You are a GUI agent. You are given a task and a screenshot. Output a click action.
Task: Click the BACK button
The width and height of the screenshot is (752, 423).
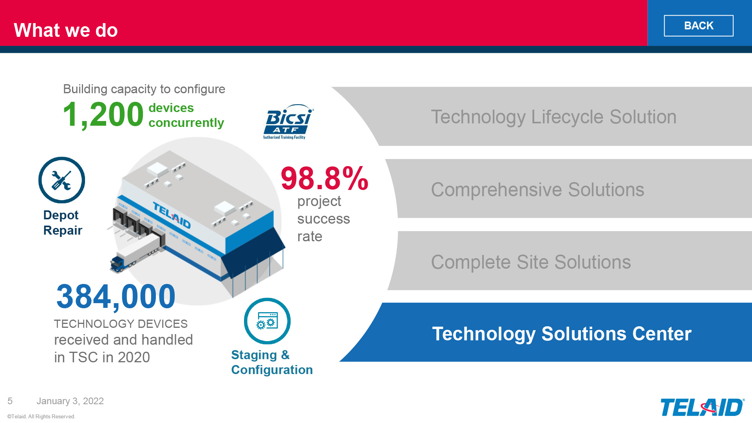[698, 26]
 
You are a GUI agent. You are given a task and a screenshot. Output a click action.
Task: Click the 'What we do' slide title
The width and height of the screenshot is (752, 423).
[66, 30]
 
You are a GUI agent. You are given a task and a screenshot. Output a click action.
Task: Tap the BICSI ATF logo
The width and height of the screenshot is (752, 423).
[288, 122]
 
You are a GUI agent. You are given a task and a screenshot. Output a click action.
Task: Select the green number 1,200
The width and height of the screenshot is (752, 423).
[103, 114]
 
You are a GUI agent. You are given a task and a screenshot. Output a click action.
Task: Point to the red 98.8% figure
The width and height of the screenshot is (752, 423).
[325, 178]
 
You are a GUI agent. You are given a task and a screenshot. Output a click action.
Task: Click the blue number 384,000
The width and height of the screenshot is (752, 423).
[116, 296]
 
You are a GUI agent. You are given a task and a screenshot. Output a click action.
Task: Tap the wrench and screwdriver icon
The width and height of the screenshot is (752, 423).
[61, 180]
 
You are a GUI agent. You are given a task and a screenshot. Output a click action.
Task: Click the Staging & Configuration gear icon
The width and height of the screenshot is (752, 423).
[267, 321]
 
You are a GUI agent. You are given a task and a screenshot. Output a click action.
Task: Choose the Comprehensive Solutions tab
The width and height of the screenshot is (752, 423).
[568, 189]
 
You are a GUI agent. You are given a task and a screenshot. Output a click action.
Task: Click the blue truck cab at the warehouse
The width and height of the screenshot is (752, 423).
[117, 264]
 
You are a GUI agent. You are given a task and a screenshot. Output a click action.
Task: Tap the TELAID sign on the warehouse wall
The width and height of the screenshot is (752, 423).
[172, 215]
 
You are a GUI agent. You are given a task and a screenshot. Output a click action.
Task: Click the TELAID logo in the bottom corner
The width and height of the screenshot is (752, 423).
[702, 407]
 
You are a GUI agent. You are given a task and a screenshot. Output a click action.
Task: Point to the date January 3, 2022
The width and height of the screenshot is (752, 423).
[70, 401]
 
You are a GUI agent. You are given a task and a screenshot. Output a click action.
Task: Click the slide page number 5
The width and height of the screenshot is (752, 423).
[10, 401]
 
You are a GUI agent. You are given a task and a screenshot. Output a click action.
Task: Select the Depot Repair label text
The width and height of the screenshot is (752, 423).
[63, 222]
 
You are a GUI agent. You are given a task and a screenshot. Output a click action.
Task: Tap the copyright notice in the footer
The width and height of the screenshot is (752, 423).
[41, 416]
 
